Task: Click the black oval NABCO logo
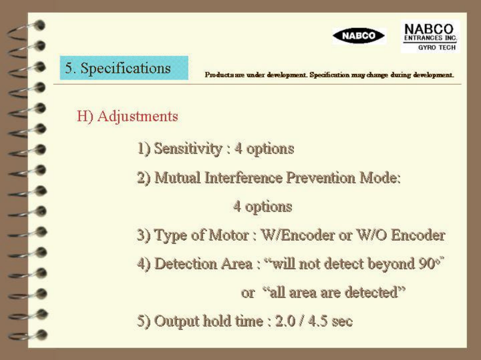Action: click(359, 35)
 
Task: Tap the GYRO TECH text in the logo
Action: click(437, 48)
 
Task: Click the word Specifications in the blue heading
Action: click(126, 68)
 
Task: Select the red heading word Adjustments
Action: click(138, 116)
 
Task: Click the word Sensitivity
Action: click(188, 149)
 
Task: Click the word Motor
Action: click(229, 235)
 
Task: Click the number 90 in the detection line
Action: click(427, 263)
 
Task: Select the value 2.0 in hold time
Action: click(285, 321)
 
